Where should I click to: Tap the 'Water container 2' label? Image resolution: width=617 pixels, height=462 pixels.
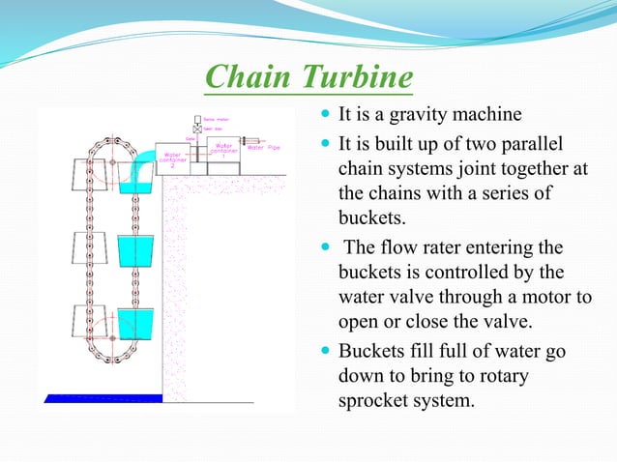(x=175, y=159)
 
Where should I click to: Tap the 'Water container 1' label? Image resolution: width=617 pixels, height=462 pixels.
(x=223, y=151)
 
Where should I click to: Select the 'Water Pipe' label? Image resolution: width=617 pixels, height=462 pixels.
(x=262, y=148)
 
